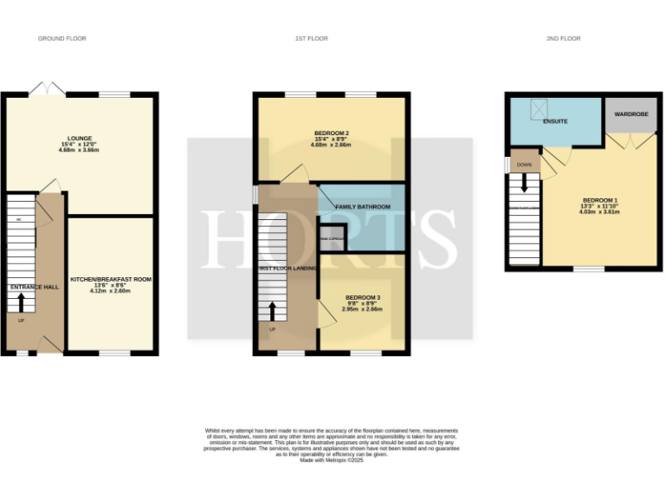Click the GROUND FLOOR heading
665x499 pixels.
tap(61, 38)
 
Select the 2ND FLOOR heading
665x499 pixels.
tap(564, 38)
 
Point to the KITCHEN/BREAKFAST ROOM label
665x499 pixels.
tap(110, 279)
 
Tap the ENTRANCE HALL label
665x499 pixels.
tap(34, 287)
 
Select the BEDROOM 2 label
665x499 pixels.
tap(331, 132)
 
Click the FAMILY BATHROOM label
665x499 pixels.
tap(363, 207)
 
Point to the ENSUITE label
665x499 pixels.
tap(555, 121)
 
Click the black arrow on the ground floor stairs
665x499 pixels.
tap(22, 302)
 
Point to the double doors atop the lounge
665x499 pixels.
tap(47, 88)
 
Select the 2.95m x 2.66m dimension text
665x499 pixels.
tap(362, 309)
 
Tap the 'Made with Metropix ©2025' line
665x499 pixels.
tap(332, 458)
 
